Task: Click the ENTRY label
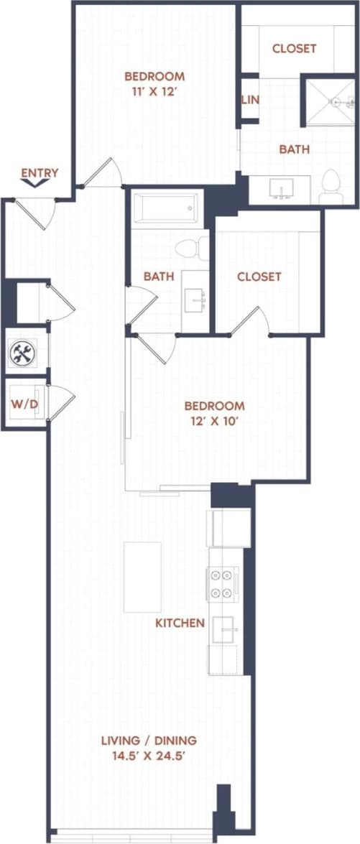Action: coord(40,172)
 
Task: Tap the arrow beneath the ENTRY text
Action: coord(34,184)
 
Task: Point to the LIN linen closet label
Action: coord(250,100)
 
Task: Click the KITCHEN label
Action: coord(180,623)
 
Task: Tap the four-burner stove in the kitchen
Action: coord(222,583)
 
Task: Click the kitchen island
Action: coord(142,577)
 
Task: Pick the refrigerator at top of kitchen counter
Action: coord(229,528)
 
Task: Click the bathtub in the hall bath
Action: coord(165,209)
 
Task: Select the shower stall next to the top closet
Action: coord(331,102)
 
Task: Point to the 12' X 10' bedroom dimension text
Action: coord(214,422)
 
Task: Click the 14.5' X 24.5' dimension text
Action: coord(148,756)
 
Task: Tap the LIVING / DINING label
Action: coord(148,740)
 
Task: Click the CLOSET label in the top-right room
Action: coord(294,49)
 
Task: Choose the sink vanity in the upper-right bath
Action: coord(281,187)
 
